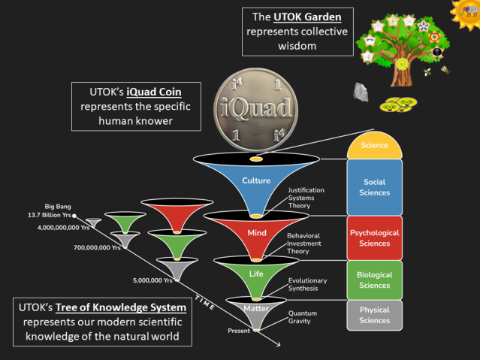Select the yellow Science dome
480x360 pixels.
374,146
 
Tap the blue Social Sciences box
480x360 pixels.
374,186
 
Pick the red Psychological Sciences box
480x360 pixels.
374,237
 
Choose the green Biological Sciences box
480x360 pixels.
374,279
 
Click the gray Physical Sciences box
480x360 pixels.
374,315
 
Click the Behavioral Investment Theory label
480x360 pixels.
308,244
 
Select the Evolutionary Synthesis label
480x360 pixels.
308,284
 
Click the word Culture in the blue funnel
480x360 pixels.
256,180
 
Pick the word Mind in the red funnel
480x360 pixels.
257,233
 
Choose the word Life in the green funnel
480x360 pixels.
257,274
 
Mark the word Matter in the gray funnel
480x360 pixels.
256,308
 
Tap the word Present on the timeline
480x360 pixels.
238,331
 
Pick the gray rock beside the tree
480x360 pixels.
361,90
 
